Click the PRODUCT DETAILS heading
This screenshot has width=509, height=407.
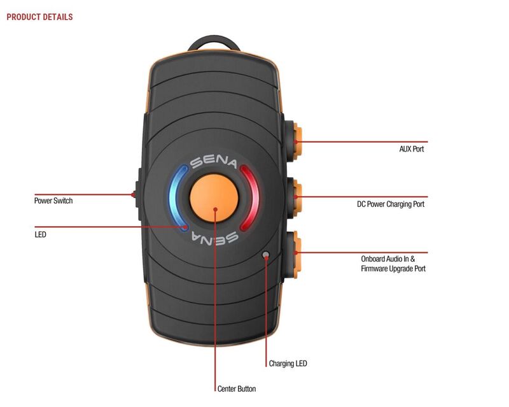coord(39,17)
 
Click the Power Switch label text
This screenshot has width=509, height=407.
coord(53,201)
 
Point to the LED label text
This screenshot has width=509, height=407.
coord(40,234)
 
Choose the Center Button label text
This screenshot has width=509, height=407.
coord(236,388)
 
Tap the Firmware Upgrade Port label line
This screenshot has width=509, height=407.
coord(393,269)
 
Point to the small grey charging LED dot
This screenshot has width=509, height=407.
coord(266,255)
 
